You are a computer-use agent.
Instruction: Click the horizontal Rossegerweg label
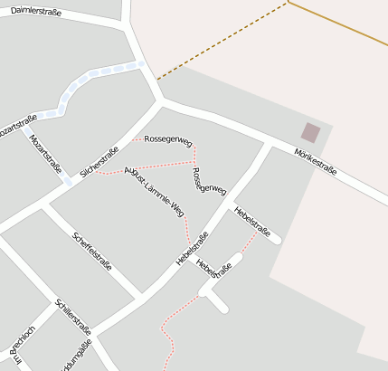coord(169,140)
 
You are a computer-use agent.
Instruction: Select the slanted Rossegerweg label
coord(208,179)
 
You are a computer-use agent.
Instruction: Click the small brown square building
coord(310,132)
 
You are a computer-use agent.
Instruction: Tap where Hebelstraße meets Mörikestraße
coord(269,144)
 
